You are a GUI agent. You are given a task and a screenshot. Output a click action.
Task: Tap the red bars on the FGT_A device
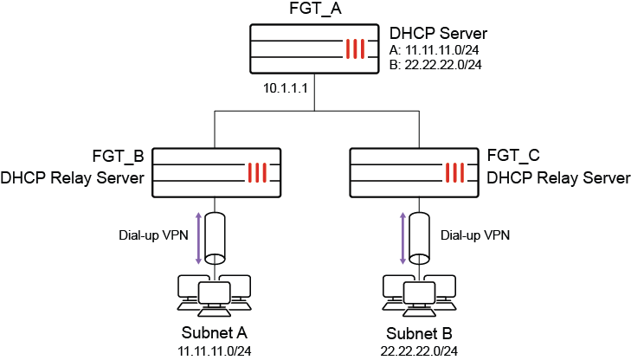[355, 50]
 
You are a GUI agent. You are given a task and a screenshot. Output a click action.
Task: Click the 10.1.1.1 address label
[287, 88]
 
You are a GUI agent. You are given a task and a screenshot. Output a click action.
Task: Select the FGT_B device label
[117, 157]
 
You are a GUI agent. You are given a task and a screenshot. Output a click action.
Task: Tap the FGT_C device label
[514, 157]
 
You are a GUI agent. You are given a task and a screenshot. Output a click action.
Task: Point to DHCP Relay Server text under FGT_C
[559, 178]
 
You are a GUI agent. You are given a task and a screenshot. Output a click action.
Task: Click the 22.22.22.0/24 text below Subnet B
[417, 350]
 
